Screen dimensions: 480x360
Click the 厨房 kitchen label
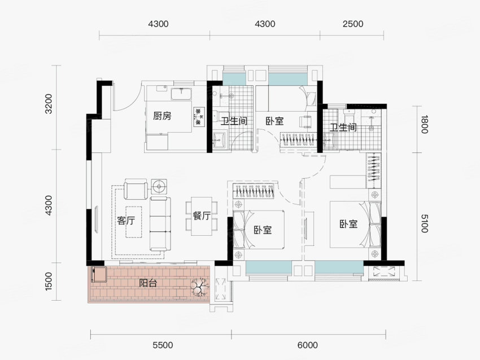click(162, 116)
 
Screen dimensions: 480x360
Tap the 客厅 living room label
click(126, 221)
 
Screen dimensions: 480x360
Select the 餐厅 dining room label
click(202, 216)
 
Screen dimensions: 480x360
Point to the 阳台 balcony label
click(148, 283)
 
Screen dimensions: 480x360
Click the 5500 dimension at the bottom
click(163, 345)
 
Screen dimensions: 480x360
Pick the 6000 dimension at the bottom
click(308, 345)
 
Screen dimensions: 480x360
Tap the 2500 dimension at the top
click(353, 24)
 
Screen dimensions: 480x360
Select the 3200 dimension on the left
click(49, 104)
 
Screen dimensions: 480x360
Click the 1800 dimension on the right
click(424, 124)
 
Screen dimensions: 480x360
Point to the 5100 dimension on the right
click(424, 223)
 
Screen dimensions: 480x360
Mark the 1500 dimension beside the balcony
click(49, 281)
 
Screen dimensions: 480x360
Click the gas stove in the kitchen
click(199, 117)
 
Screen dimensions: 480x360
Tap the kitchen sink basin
click(181, 94)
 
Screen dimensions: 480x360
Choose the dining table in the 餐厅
click(202, 216)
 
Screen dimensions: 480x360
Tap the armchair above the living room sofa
click(136, 190)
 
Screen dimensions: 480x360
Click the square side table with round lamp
click(159, 186)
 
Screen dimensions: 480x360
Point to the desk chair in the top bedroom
click(306, 121)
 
